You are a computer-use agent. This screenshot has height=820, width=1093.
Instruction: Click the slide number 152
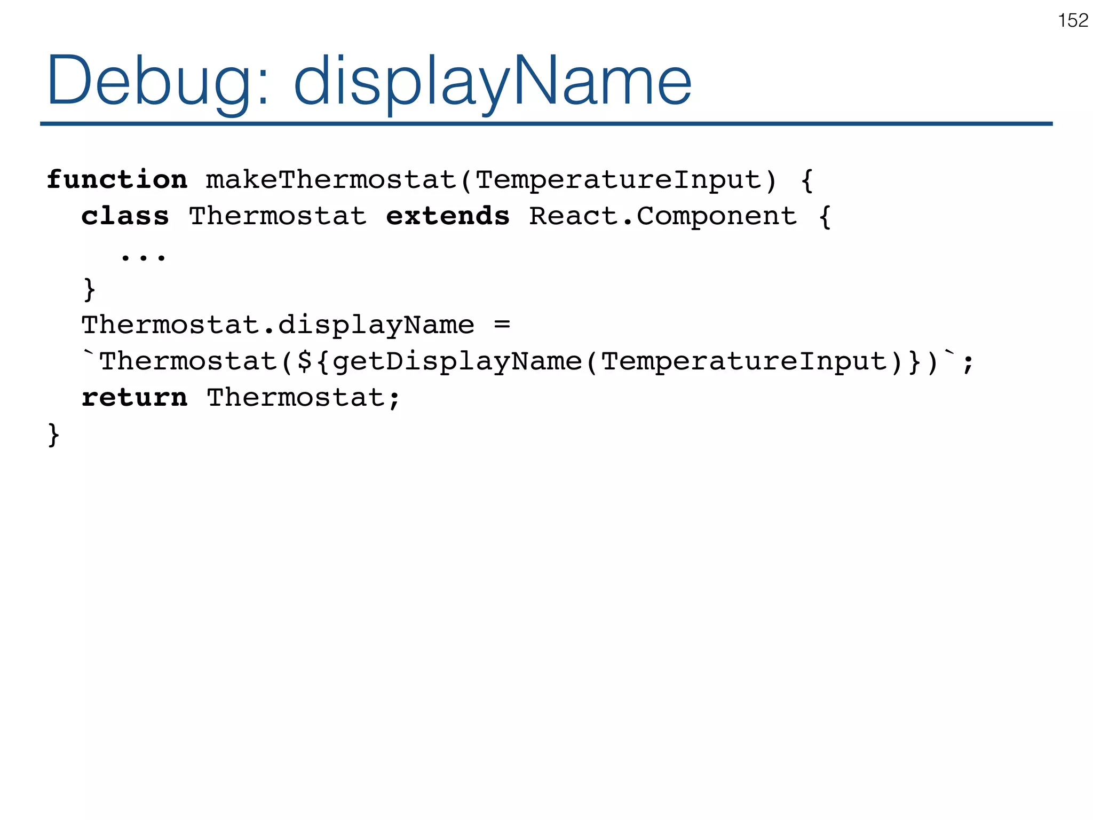click(x=1073, y=21)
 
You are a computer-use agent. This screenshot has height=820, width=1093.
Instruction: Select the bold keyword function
click(x=117, y=180)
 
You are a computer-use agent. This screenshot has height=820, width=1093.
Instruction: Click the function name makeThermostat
click(x=331, y=180)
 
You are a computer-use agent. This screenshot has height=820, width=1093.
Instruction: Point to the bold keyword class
click(x=125, y=216)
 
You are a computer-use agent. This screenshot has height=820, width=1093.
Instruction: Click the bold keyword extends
click(x=447, y=216)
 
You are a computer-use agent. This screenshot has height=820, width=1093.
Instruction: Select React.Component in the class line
click(x=663, y=216)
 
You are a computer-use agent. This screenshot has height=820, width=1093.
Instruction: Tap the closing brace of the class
click(x=90, y=289)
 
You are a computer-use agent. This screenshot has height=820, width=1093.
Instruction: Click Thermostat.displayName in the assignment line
click(x=278, y=325)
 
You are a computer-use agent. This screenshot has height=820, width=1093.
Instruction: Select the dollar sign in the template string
click(x=305, y=361)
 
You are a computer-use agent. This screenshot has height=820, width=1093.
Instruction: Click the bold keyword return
click(x=134, y=398)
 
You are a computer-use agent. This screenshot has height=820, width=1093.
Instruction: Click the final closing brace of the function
click(x=53, y=435)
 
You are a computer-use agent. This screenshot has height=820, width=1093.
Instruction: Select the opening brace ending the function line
click(x=807, y=180)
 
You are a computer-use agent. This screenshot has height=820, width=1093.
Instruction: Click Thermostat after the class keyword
click(x=278, y=216)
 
